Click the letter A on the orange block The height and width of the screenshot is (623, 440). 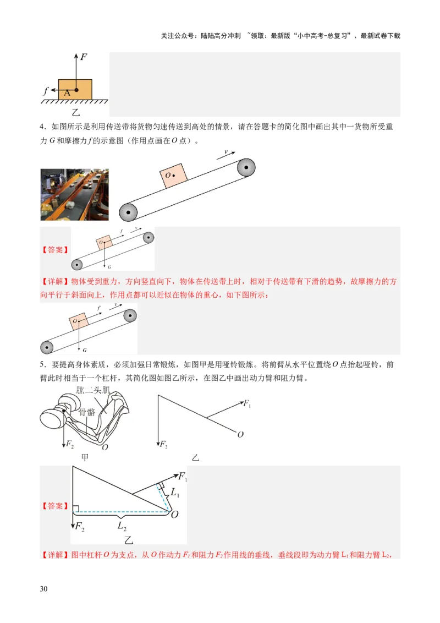click(x=67, y=93)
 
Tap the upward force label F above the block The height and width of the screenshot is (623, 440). click(x=84, y=56)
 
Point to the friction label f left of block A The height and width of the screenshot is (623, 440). click(x=46, y=91)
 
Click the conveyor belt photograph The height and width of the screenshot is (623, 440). click(x=74, y=194)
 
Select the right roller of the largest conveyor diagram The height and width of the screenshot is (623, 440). click(x=246, y=167)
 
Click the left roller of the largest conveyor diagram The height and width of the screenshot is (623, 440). click(x=128, y=212)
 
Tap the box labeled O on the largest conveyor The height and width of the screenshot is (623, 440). click(x=173, y=176)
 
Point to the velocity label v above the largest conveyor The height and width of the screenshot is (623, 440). click(x=226, y=151)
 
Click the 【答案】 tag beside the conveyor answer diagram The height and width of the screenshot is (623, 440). click(x=55, y=249)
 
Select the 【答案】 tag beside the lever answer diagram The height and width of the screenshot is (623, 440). click(x=55, y=506)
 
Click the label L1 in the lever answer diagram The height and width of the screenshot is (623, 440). click(x=175, y=493)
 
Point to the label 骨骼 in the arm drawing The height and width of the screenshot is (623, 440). click(x=87, y=412)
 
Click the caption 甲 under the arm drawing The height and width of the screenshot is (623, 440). click(x=85, y=458)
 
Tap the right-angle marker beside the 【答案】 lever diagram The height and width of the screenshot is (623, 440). click(x=76, y=508)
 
